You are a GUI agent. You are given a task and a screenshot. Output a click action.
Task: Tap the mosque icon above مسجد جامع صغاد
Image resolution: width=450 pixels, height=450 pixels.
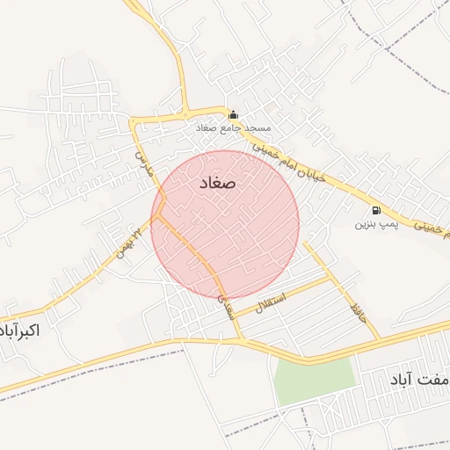233,114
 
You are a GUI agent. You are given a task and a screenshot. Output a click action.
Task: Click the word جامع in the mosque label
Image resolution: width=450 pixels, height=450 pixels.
233,128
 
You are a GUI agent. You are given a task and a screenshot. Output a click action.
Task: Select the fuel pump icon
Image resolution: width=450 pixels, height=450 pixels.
376,210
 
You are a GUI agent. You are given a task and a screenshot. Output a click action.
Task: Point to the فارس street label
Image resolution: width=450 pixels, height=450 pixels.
143,163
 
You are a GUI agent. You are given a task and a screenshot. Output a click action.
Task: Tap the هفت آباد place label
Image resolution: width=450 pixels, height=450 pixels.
418,380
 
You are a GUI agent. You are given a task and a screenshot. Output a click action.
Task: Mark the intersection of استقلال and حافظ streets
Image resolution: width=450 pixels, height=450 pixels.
331,279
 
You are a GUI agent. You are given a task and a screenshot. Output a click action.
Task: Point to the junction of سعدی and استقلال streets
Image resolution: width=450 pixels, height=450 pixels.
231,314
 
